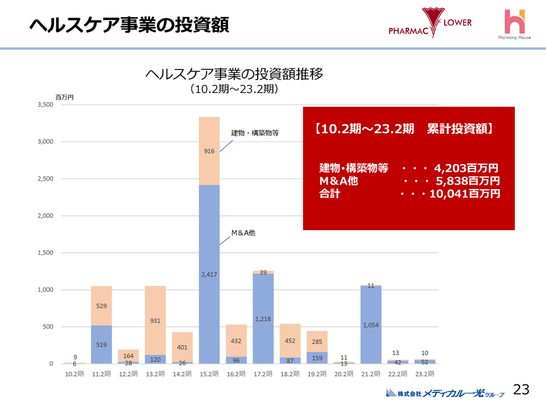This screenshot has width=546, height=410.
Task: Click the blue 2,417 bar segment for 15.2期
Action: point(209,274)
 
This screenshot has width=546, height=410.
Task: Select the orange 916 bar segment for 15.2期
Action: point(209,151)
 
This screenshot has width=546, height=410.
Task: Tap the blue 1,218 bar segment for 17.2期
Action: point(263,319)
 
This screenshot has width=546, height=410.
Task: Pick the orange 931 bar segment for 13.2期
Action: point(155,321)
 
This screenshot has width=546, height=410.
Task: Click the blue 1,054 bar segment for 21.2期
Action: point(370,325)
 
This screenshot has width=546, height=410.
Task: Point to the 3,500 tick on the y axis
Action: point(45,105)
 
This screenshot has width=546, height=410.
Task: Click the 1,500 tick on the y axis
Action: point(45,253)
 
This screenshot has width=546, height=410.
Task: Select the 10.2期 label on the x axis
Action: point(75,374)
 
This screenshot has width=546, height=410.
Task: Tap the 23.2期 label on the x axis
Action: point(424,374)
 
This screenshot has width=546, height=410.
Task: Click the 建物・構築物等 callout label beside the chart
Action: point(255,133)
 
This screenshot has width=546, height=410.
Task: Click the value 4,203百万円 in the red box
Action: point(466,169)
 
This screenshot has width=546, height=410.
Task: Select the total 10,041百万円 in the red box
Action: point(464,194)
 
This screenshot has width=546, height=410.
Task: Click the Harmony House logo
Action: point(514,26)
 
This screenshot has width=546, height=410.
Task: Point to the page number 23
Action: point(521,389)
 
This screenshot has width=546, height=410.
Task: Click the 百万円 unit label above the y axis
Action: point(64,97)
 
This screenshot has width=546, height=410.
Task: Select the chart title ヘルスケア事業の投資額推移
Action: point(234,74)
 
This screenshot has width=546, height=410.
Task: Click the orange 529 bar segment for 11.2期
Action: point(101,306)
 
